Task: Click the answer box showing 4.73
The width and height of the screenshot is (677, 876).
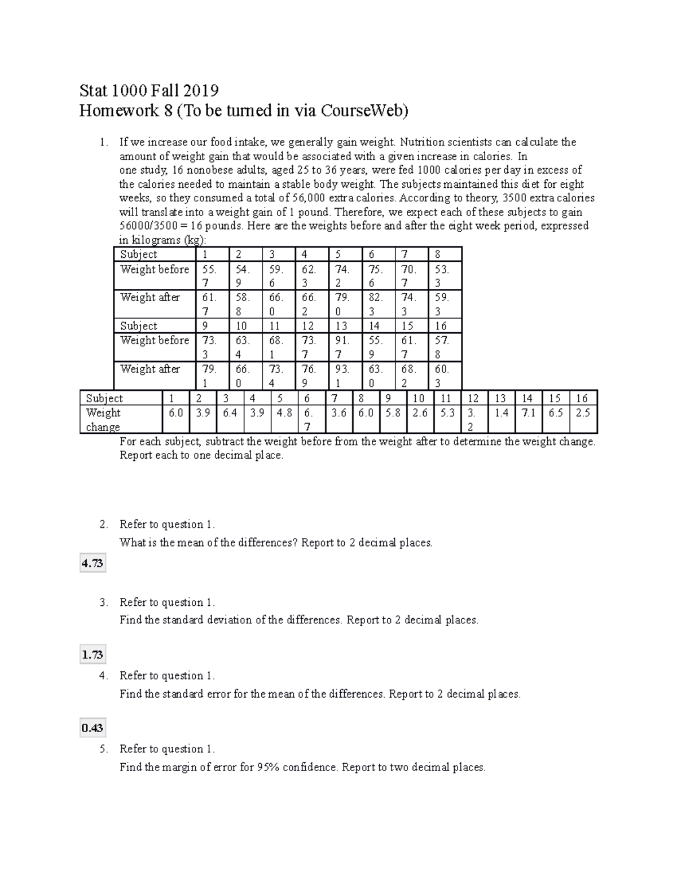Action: click(92, 563)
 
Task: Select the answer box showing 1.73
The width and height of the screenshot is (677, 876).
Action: click(92, 654)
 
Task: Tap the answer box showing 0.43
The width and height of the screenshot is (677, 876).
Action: click(92, 728)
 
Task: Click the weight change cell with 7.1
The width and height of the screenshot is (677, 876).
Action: click(528, 413)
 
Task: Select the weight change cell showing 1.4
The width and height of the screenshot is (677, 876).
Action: click(501, 413)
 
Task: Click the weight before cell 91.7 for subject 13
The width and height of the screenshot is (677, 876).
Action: click(342, 347)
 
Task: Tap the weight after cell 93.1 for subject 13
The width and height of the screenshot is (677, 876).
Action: click(342, 376)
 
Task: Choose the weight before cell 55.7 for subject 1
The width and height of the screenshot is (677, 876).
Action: click(209, 276)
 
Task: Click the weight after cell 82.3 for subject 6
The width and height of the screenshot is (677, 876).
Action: click(375, 304)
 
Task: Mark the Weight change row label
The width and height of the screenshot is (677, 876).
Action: click(103, 420)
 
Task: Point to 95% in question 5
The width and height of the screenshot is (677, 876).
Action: click(268, 767)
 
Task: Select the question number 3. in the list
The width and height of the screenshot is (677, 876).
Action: click(103, 602)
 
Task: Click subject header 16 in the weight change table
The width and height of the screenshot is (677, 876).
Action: click(582, 398)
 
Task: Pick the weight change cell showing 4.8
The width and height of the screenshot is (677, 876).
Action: click(284, 413)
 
